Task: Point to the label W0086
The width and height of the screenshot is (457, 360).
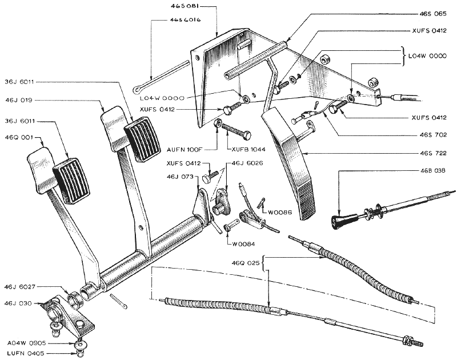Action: point(278,212)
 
